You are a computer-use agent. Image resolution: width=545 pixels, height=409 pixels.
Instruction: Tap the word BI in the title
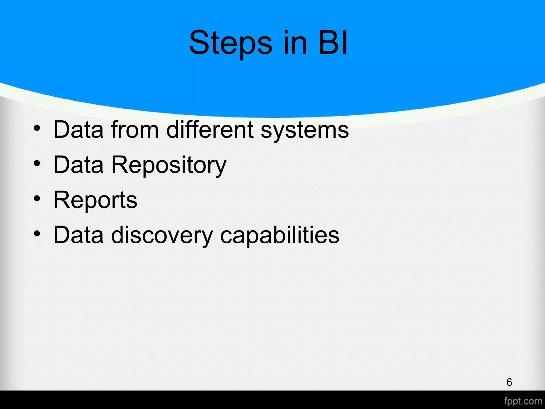tap(333, 43)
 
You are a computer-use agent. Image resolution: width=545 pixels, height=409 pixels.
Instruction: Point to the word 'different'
tap(210, 130)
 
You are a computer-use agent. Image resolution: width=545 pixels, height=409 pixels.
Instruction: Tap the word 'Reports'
tap(95, 200)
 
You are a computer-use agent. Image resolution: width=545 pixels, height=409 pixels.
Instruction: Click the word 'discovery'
tap(162, 235)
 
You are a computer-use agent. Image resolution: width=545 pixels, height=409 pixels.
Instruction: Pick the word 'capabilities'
tap(280, 235)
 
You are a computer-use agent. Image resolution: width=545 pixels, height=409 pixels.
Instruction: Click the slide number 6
tap(509, 382)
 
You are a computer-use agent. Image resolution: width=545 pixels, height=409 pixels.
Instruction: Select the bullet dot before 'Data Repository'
tap(37, 163)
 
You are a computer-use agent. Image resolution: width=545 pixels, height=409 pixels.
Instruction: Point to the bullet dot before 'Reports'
tap(37, 199)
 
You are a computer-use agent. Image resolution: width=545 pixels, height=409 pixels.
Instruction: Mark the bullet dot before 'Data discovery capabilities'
tap(37, 234)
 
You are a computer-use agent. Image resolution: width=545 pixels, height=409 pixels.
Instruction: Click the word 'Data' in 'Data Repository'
tap(79, 165)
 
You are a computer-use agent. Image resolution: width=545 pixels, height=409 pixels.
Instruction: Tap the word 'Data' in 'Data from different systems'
tap(79, 130)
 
